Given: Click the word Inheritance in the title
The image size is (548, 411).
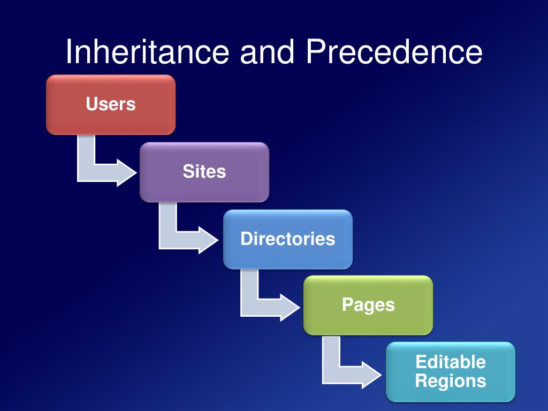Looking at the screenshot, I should (147, 52).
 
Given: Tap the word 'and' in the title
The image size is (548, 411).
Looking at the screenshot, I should (267, 52).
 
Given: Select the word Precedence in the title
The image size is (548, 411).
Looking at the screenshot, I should (394, 52).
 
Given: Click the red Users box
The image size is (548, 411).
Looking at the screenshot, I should (111, 104).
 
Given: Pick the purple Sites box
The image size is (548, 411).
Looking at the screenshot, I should (204, 172).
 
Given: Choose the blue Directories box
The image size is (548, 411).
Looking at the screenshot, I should (288, 239).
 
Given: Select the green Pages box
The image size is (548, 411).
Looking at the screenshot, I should (368, 305).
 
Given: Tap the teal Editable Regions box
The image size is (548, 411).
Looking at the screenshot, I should (451, 372).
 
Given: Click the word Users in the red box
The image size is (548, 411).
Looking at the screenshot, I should (111, 104).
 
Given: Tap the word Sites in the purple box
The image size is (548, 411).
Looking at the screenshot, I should (204, 172).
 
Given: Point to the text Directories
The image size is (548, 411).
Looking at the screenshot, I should (288, 239).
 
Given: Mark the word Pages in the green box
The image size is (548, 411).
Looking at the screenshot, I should (368, 305).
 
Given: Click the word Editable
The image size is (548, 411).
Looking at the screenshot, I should (451, 362).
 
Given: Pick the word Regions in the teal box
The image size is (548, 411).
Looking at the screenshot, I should (451, 381).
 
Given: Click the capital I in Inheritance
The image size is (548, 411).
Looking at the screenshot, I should (70, 52).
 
